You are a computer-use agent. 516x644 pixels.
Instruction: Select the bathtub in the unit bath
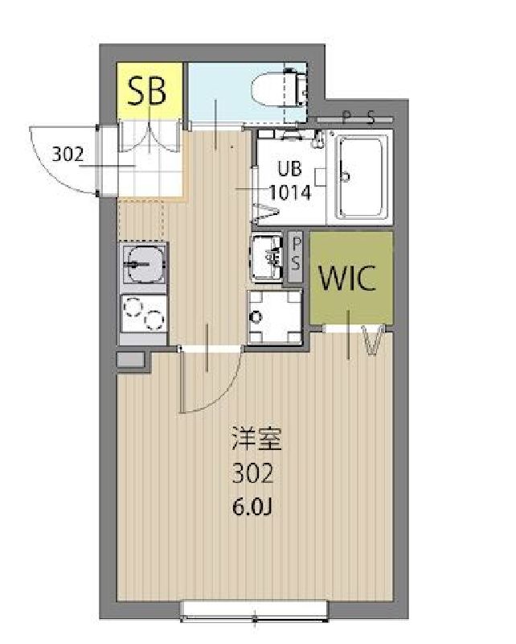(361, 177)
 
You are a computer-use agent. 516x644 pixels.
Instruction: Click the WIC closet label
(348, 279)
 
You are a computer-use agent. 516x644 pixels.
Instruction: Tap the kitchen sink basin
(145, 262)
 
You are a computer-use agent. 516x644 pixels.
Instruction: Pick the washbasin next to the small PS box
(268, 257)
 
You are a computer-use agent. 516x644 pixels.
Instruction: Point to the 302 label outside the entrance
(67, 155)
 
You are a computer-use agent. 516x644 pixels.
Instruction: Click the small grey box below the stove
(130, 359)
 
